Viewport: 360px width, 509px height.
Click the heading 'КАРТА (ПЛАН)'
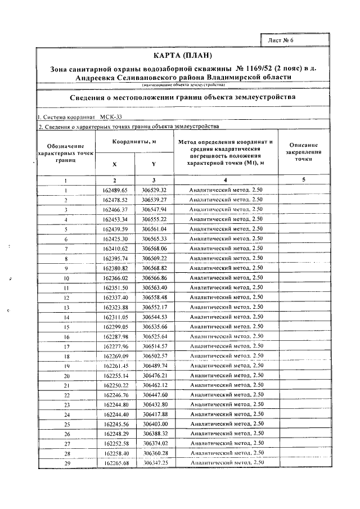(183, 55)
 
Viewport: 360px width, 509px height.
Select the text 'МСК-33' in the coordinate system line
(110, 117)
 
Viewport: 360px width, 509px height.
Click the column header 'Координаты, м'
(134, 142)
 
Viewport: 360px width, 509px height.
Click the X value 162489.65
(115, 190)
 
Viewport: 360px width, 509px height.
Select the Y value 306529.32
(154, 190)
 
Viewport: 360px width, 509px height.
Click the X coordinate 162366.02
(115, 278)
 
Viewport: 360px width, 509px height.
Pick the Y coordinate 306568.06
(154, 249)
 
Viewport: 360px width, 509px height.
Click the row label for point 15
(66, 327)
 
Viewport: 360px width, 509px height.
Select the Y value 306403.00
(154, 424)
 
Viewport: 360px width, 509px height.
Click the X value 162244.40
(115, 414)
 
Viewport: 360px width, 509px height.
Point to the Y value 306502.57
(154, 355)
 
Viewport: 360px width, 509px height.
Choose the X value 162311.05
(115, 317)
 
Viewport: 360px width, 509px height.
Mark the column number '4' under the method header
(226, 180)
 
